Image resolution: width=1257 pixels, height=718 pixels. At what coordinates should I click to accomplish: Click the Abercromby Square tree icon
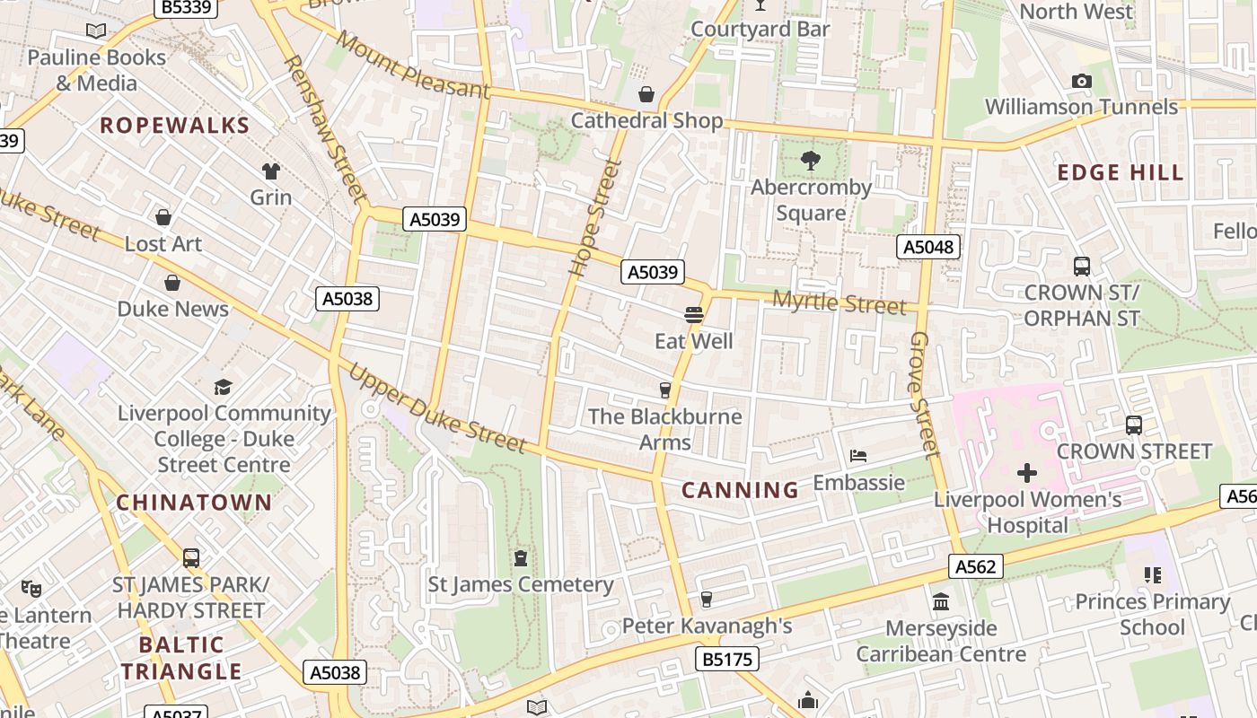(811, 162)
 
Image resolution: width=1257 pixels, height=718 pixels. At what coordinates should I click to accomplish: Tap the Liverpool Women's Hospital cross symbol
(1027, 473)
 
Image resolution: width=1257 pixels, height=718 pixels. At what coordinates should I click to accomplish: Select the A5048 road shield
(928, 247)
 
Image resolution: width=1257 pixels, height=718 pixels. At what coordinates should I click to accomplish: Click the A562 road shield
(975, 566)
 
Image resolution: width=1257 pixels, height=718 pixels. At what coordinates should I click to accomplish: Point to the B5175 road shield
(727, 660)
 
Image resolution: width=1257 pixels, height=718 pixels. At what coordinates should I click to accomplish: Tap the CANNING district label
(740, 490)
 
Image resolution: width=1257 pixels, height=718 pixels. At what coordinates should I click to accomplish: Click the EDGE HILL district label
(1121, 173)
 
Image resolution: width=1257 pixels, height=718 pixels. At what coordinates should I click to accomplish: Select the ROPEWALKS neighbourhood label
(174, 126)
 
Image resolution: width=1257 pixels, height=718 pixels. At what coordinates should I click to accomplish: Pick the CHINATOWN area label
(194, 503)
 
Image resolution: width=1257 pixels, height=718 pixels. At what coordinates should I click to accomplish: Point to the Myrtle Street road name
(839, 302)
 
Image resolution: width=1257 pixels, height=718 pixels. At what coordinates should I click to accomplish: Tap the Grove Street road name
(924, 394)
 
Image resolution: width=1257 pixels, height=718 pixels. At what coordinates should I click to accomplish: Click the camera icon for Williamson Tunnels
(1082, 81)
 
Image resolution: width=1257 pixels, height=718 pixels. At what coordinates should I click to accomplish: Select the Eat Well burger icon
(693, 315)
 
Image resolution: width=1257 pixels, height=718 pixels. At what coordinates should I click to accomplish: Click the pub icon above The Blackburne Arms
(665, 390)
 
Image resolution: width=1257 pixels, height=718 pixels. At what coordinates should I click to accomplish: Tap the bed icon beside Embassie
(858, 456)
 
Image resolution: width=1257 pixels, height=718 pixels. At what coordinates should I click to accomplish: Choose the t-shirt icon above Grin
(270, 171)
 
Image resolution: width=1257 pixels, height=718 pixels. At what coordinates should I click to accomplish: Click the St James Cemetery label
(520, 585)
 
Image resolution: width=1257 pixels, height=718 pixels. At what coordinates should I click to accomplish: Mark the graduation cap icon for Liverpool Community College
(224, 387)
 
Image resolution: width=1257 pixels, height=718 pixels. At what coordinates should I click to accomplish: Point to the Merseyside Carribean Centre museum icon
(941, 601)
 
